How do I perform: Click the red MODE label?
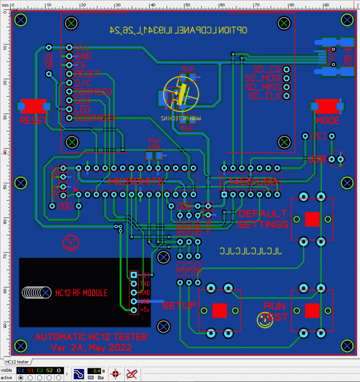click(x=327, y=120)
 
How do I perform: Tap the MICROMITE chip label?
click(x=136, y=181)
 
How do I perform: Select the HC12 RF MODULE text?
click(x=81, y=293)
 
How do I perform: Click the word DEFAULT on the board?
click(x=263, y=214)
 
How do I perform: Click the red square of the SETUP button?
click(x=219, y=311)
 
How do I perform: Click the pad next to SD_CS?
click(x=287, y=70)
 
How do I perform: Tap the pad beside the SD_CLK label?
click(x=287, y=96)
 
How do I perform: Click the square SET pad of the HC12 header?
click(x=134, y=275)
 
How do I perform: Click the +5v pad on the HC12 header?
click(x=134, y=310)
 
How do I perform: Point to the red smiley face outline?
click(x=70, y=243)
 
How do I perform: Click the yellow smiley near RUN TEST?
click(x=264, y=320)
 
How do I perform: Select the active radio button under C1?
click(x=21, y=378)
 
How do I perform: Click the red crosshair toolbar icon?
click(x=115, y=373)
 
